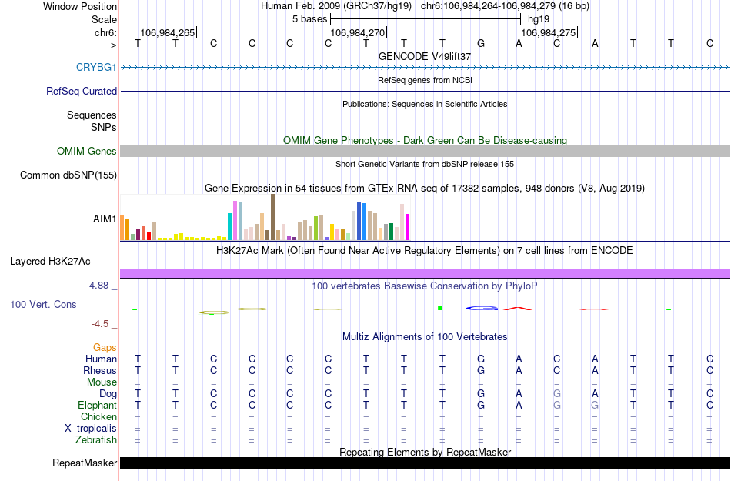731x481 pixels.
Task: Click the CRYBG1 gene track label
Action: point(96,68)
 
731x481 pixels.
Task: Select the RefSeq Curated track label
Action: point(82,91)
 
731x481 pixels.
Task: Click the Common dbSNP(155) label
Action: point(68,175)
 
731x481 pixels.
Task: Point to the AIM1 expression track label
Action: point(105,219)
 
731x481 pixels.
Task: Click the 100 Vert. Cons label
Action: point(43,305)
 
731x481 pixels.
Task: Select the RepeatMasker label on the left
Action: point(85,463)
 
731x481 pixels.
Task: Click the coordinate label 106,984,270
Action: point(356,33)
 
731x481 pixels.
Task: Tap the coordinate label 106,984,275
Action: point(548,33)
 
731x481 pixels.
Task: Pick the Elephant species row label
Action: point(98,406)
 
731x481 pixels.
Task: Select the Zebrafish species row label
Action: point(97,440)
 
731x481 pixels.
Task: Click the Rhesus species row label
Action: point(100,371)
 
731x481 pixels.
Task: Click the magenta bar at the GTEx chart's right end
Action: point(408,226)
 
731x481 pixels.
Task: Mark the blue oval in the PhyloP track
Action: point(482,309)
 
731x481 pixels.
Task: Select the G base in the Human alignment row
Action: point(481,359)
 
